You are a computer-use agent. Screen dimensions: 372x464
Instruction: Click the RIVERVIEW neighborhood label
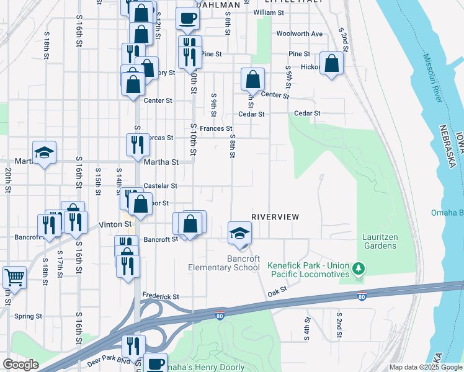(275, 217)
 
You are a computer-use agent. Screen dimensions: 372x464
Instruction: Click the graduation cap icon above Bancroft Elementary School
(239, 233)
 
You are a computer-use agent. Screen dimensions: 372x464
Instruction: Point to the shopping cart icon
(14, 277)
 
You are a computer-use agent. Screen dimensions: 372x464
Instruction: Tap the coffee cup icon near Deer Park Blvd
(156, 363)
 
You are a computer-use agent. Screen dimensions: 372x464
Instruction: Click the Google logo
(20, 365)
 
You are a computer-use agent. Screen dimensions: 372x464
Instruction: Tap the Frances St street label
(216, 128)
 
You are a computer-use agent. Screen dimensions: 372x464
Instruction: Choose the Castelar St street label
(161, 185)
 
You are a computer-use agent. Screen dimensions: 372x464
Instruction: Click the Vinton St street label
(117, 224)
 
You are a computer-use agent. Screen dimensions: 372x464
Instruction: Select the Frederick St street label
(161, 296)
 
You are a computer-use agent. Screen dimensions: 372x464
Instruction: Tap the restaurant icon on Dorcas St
(137, 144)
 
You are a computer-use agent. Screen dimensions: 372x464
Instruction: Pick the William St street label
(269, 12)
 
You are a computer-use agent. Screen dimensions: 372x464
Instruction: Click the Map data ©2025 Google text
(425, 367)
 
